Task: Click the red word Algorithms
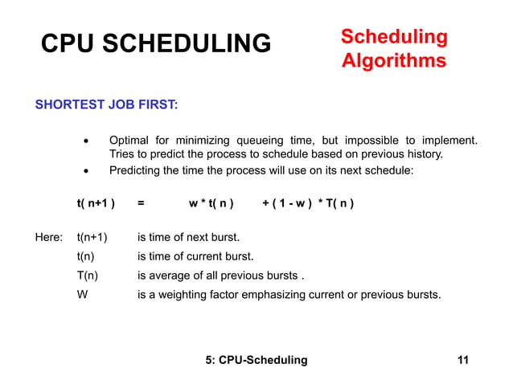pyautogui.click(x=393, y=61)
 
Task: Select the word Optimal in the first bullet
pyautogui.click(x=130, y=140)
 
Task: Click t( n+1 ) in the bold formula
pyautogui.click(x=96, y=203)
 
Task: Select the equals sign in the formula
pyautogui.click(x=142, y=203)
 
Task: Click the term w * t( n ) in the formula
pyautogui.click(x=211, y=203)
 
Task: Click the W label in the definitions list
pyautogui.click(x=82, y=294)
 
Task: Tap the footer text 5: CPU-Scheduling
pyautogui.click(x=256, y=359)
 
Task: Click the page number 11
pyautogui.click(x=462, y=359)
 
